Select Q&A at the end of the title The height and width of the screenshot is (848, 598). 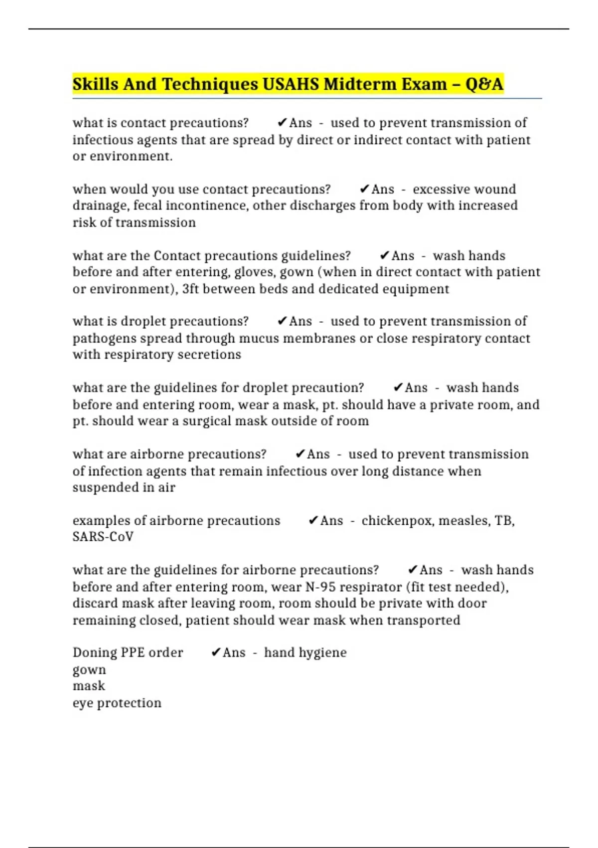point(484,84)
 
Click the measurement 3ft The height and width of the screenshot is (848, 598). point(191,289)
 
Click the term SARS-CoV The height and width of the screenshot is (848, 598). point(103,537)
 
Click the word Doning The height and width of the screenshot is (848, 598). point(94,652)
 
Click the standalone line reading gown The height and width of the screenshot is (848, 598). point(89,669)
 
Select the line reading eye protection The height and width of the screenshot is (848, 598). point(117,703)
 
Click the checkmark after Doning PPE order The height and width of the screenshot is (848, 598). point(216,652)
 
